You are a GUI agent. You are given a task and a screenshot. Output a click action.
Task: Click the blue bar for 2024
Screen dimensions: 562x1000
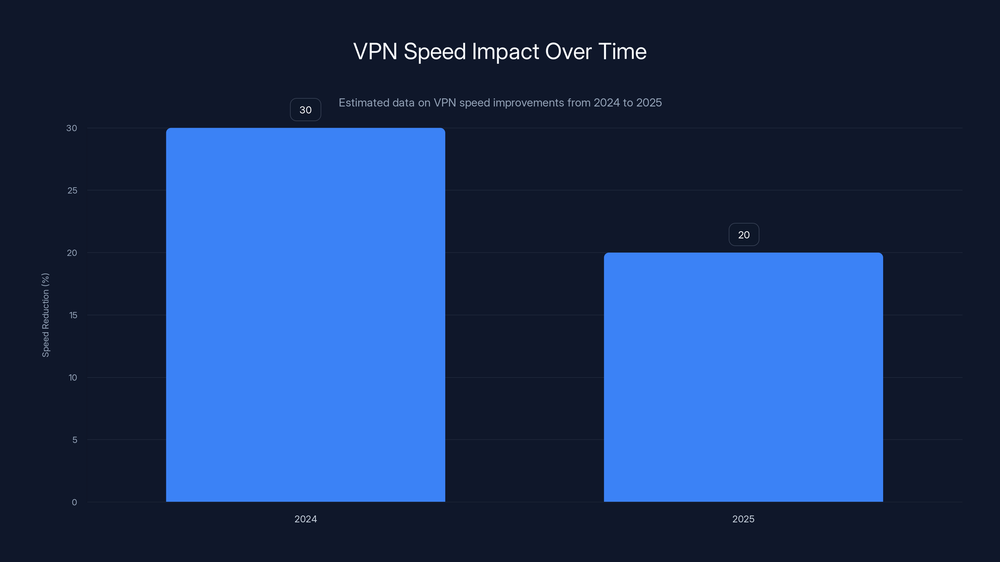click(306, 314)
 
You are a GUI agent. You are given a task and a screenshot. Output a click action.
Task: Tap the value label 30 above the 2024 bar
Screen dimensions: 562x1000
click(306, 110)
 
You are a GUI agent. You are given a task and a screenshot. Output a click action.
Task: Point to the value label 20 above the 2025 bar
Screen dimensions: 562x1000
click(743, 235)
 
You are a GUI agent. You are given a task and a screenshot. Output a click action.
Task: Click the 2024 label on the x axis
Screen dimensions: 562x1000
click(306, 519)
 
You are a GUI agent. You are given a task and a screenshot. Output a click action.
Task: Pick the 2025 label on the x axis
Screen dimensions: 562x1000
click(743, 519)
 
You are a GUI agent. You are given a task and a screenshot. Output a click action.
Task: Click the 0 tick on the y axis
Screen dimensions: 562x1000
click(74, 502)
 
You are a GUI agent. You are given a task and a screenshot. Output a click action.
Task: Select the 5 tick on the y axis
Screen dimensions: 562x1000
click(75, 440)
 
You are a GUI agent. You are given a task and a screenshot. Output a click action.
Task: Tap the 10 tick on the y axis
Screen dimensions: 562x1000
click(72, 377)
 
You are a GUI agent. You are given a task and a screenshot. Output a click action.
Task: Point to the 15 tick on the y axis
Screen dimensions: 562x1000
click(73, 315)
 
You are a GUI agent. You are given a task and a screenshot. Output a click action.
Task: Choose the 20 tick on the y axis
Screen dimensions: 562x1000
click(72, 253)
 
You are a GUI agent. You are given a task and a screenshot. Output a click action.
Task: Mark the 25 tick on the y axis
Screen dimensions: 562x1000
click(72, 190)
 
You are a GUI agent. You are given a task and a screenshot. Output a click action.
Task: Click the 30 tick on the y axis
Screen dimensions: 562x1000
click(72, 128)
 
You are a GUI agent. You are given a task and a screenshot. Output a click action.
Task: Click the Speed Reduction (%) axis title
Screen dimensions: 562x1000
click(45, 315)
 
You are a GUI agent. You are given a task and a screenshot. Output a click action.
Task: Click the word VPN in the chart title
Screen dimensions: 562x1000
click(375, 51)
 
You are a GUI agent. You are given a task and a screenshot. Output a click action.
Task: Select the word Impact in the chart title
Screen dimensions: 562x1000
click(505, 51)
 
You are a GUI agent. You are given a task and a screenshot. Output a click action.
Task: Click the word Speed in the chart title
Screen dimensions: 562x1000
click(434, 51)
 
